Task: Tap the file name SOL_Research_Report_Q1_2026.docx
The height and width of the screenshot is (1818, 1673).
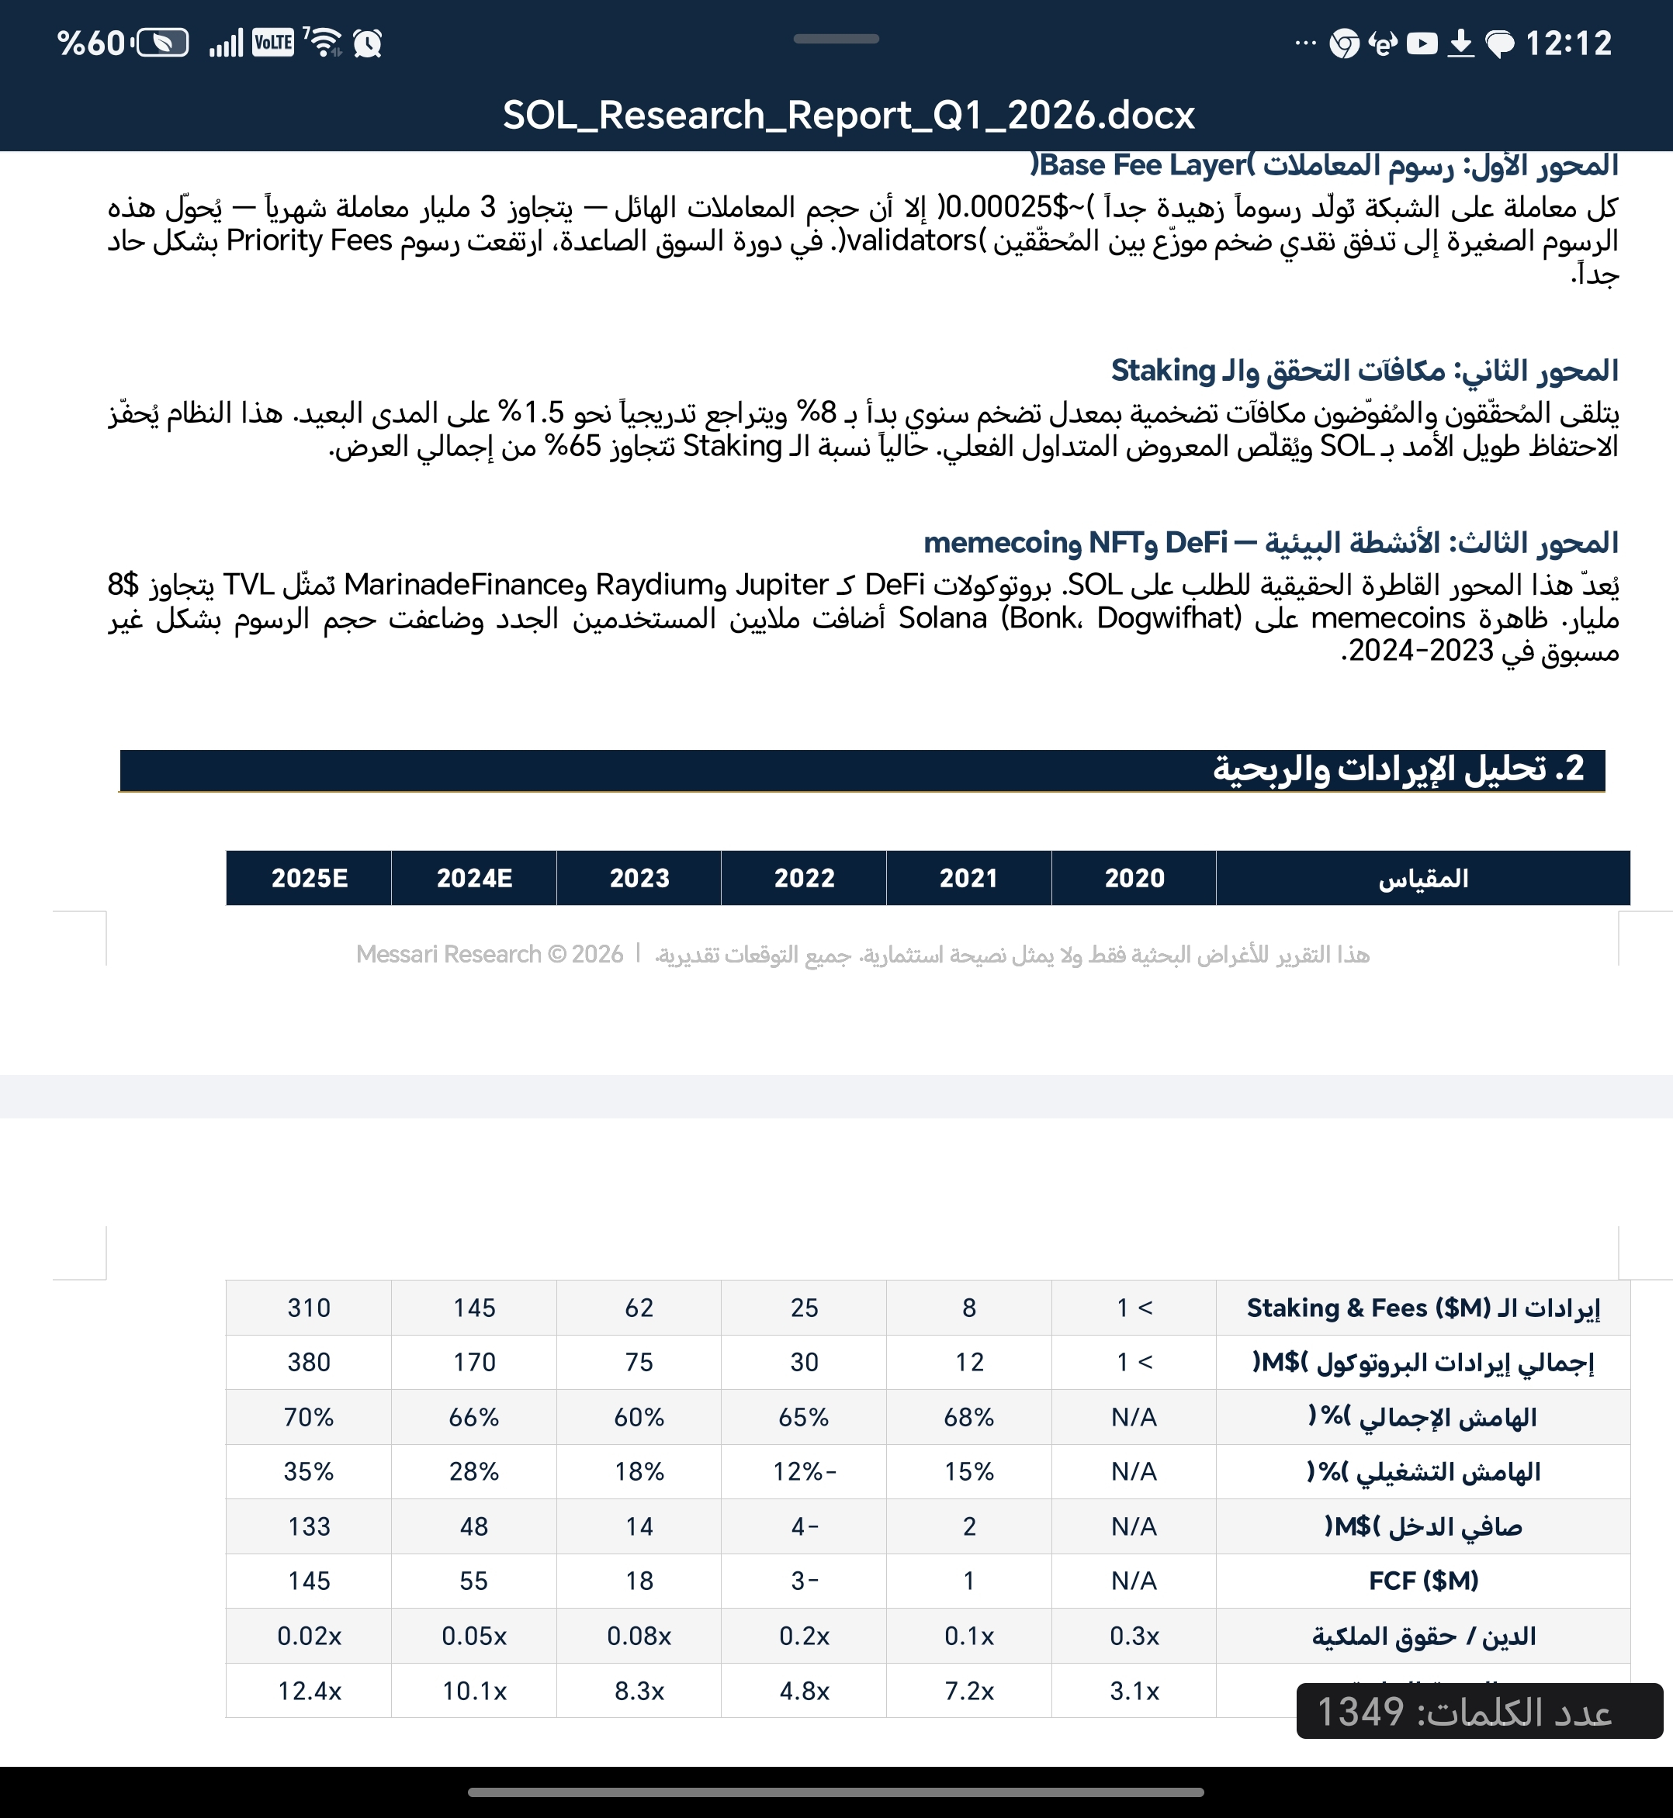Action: [848, 116]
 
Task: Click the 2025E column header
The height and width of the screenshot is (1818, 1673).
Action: [309, 878]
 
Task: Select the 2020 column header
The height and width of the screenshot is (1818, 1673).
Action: [1134, 878]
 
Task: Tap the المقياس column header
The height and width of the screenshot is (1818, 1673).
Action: [1423, 878]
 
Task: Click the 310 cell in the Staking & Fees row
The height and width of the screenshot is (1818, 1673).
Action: [309, 1308]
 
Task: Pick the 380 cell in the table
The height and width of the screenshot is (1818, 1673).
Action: [309, 1362]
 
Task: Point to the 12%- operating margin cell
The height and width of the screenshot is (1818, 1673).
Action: [804, 1471]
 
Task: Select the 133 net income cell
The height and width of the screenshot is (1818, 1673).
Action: [309, 1526]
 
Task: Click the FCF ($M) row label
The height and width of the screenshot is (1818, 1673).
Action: [1423, 1581]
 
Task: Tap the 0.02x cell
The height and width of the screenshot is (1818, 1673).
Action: [309, 1636]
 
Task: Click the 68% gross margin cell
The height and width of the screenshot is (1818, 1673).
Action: [968, 1417]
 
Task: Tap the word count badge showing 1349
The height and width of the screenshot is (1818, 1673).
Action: [1479, 1711]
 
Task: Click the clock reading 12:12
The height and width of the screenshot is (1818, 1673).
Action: [1568, 43]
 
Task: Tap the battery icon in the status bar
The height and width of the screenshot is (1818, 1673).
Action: [162, 43]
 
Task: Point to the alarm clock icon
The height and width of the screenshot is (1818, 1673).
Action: [368, 43]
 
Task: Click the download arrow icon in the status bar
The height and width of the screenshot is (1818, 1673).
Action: [1460, 43]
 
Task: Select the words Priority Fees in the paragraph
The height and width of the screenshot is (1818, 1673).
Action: [309, 240]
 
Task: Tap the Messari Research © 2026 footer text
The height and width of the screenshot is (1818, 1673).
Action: [489, 954]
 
